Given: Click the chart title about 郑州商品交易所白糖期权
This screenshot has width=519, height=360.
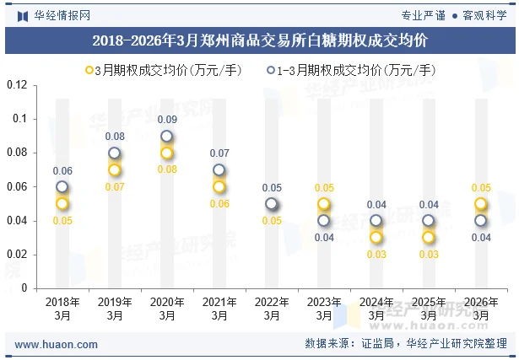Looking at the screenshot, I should [x=259, y=40].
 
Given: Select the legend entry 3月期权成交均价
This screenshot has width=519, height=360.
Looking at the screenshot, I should [x=164, y=70].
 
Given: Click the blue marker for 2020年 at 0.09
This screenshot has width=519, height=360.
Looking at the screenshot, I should [x=167, y=136].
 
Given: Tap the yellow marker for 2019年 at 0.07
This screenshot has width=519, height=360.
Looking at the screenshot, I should [x=115, y=169].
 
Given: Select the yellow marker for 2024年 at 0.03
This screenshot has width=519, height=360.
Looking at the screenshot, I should [x=376, y=237].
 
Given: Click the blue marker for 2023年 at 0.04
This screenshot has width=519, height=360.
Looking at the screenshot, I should [x=324, y=220].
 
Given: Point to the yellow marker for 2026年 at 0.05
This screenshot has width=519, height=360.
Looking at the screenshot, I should [x=480, y=203].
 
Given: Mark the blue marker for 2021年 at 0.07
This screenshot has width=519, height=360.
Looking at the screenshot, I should [x=219, y=169].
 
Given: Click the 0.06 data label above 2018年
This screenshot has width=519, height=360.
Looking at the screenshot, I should [x=62, y=171].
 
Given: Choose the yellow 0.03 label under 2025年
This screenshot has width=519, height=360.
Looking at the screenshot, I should [x=429, y=254].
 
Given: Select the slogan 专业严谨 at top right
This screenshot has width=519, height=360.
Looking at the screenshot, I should [x=423, y=14].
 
